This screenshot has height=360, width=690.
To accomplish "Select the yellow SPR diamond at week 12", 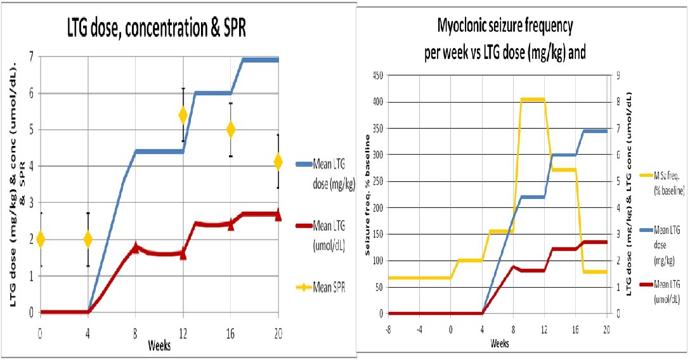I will coord(183,115).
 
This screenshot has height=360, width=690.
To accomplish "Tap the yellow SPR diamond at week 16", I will coord(231,129).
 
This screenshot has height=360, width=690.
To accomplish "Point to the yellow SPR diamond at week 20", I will coord(278,162).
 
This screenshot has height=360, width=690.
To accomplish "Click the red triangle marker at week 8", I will coord(135,248).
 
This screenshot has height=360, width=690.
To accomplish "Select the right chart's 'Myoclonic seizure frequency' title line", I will coord(505,27).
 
